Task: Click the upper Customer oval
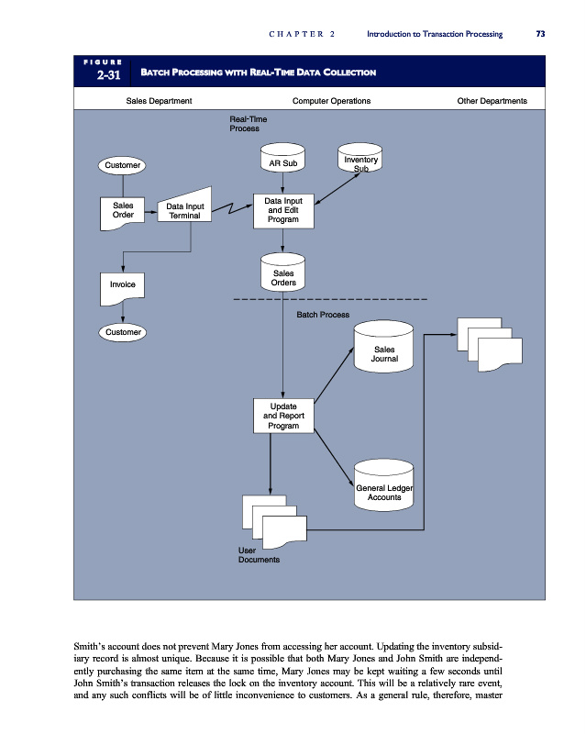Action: coord(123,165)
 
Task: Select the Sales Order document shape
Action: coord(123,212)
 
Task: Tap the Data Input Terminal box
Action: coord(185,212)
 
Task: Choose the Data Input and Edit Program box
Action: coord(282,210)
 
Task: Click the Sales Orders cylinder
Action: coord(282,275)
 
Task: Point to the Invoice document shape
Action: coord(123,285)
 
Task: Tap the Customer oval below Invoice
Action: coord(123,331)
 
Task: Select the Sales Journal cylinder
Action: coord(384,354)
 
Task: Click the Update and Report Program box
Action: coord(282,416)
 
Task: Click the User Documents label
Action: coord(259,554)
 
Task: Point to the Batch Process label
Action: coord(323,315)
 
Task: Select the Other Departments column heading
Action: coord(492,100)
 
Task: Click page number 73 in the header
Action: coord(540,34)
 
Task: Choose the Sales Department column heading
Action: coord(159,100)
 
